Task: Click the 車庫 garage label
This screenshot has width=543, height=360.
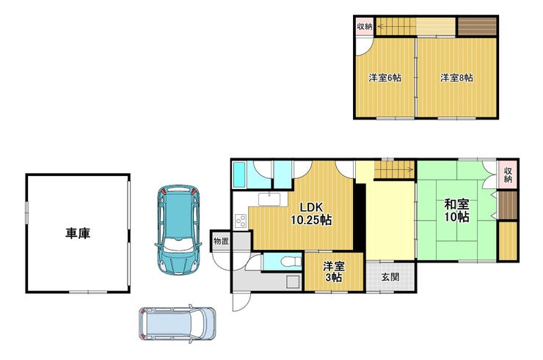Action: tap(78, 233)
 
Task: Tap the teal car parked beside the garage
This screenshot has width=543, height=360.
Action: tap(178, 229)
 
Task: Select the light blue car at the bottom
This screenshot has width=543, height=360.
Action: tap(178, 323)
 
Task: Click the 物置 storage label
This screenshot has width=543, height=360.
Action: tap(221, 241)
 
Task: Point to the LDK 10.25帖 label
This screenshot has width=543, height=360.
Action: tap(311, 213)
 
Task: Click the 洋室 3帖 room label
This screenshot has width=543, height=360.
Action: tap(334, 272)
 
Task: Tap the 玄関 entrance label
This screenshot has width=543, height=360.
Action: tap(390, 276)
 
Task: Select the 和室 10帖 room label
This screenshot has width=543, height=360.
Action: tap(456, 210)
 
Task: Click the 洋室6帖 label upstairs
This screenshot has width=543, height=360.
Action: tap(385, 78)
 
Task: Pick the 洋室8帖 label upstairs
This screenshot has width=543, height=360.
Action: tap(456, 78)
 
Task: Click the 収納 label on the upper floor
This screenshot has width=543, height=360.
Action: tap(365, 26)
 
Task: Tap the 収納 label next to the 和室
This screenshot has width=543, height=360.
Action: tap(508, 175)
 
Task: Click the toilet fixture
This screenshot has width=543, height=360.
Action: tap(290, 262)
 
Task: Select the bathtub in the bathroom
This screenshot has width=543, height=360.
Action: tap(239, 175)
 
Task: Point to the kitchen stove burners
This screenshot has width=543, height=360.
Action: tap(241, 221)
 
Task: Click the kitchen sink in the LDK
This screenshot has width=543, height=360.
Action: tap(269, 199)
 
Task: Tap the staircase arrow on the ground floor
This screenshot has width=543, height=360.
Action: tap(395, 169)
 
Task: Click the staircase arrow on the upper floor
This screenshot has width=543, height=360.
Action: tap(396, 26)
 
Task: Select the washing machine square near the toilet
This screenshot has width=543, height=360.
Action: tap(293, 282)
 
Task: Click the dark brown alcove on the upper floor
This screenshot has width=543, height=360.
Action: tap(477, 26)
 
